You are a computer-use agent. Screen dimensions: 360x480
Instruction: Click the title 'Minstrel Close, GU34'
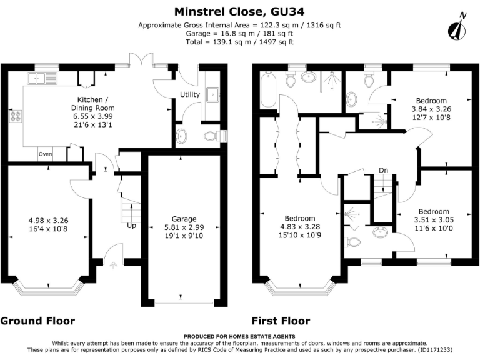[240, 11]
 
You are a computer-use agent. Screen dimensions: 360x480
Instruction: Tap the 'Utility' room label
[189, 94]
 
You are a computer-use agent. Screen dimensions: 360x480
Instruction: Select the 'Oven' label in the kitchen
[45, 154]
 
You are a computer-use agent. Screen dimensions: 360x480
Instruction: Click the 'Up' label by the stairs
[131, 225]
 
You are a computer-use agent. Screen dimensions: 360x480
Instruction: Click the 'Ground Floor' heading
[37, 321]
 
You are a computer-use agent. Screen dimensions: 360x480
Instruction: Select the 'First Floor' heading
[281, 321]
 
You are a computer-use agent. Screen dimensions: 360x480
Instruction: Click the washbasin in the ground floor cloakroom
[182, 136]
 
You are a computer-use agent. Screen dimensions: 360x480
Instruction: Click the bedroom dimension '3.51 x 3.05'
[434, 220]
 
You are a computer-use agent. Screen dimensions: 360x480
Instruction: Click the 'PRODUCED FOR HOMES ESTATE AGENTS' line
[240, 337]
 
